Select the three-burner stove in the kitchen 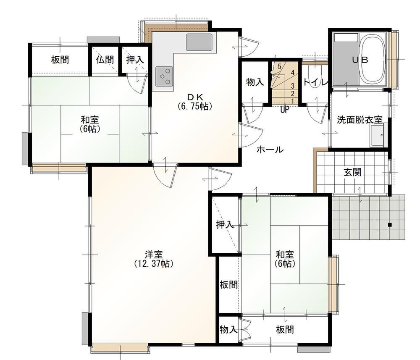[x=164, y=76]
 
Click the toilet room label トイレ [x=315, y=82]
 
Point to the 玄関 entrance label [x=352, y=172]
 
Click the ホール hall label [x=270, y=150]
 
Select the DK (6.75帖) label [x=195, y=102]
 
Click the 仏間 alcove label [x=105, y=60]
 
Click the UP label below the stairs [x=285, y=109]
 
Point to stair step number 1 [x=292, y=101]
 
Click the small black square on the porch [x=389, y=225]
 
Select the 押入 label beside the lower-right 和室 [x=225, y=225]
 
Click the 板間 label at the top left [x=60, y=60]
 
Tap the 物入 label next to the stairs [x=255, y=82]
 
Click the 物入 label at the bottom [x=228, y=329]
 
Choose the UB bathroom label [x=360, y=60]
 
